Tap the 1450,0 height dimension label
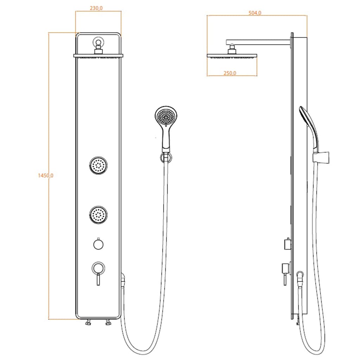[x=45, y=175]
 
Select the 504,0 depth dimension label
[x=255, y=13]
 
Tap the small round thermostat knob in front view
[x=98, y=244]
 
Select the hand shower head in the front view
[x=166, y=116]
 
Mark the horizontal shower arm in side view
[x=258, y=41]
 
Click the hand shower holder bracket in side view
[x=322, y=157]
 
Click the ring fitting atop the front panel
[x=98, y=44]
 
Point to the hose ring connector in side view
[x=300, y=275]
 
